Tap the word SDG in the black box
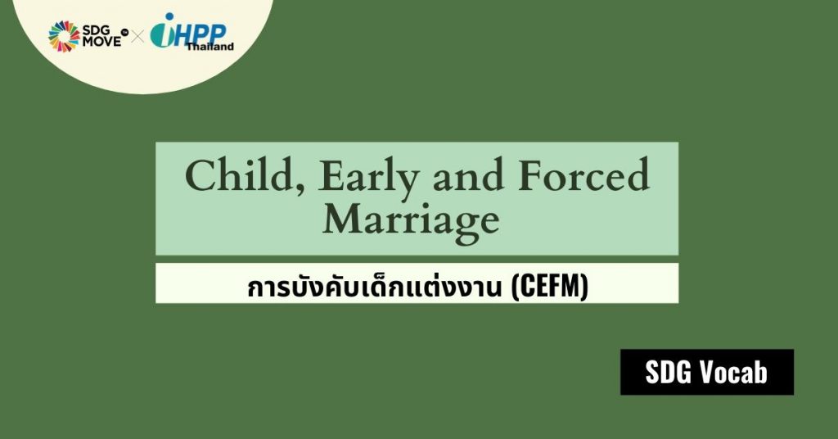(668, 372)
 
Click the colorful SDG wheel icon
(64, 36)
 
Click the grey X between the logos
(137, 37)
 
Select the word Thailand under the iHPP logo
(210, 47)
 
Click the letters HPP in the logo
(200, 34)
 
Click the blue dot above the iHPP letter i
(170, 16)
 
